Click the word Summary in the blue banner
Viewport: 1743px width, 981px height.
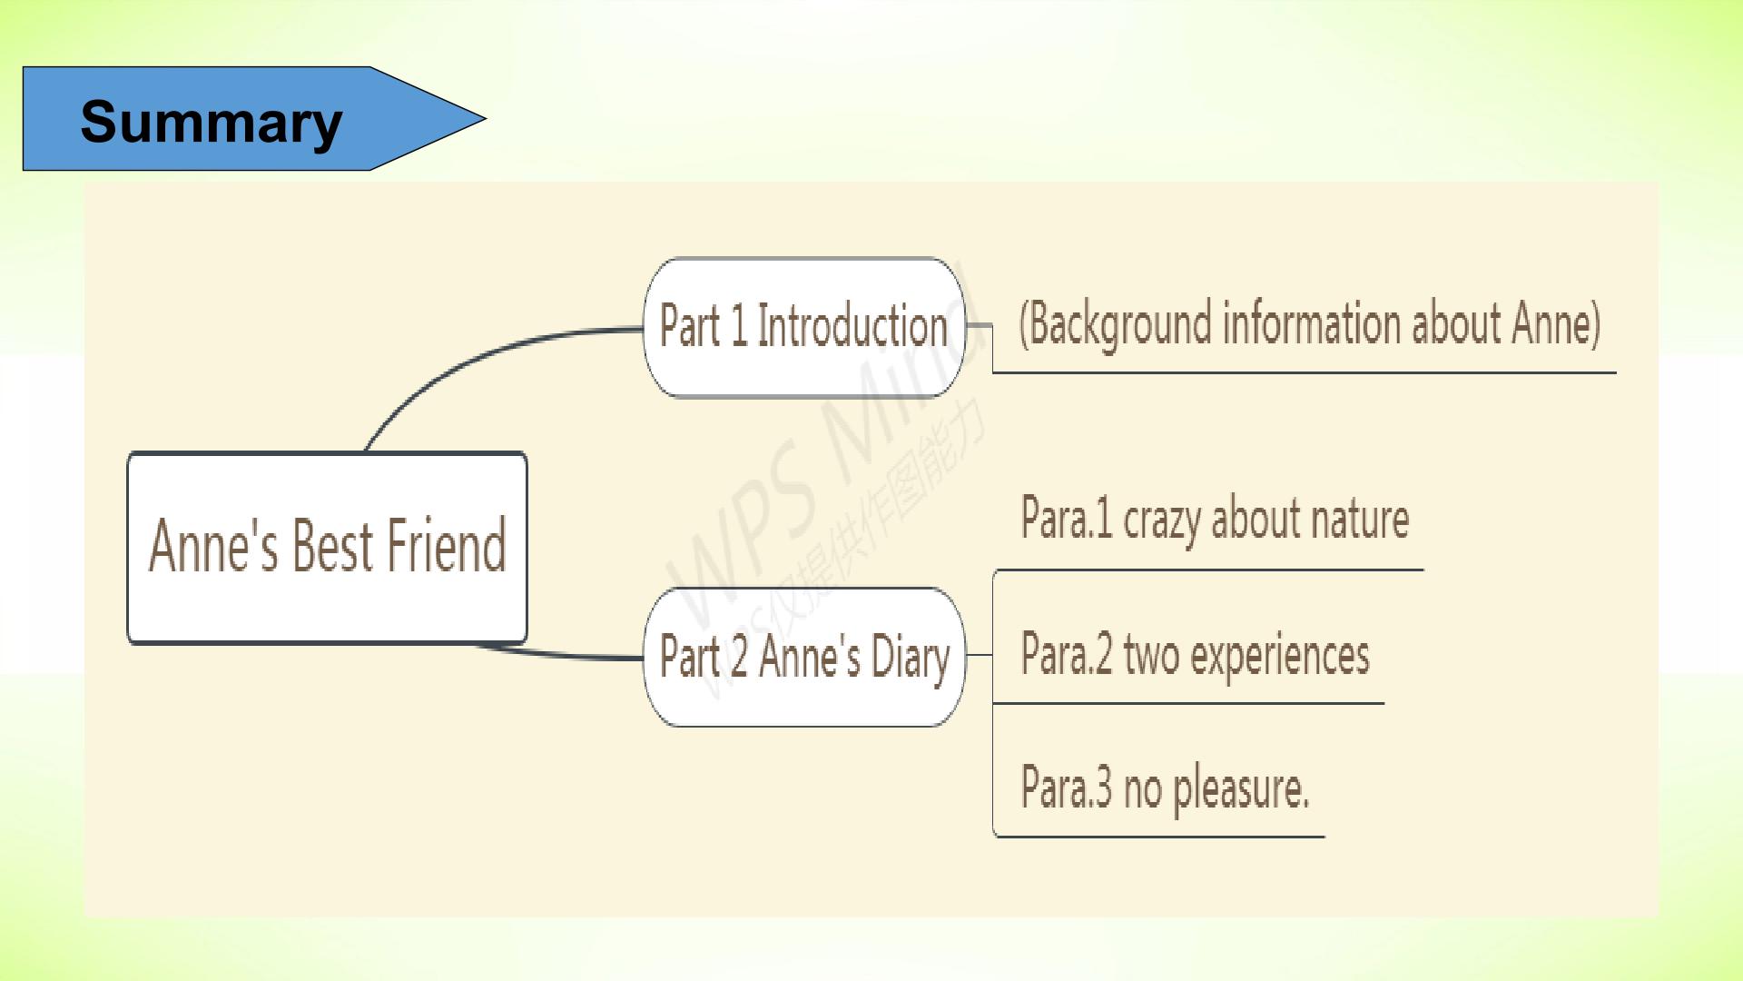click(212, 123)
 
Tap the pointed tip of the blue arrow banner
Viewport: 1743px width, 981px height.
click(486, 118)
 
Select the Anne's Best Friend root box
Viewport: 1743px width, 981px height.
click(327, 548)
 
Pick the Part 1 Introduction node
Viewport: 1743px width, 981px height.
click(803, 327)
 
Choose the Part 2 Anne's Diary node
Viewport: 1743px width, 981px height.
click(803, 657)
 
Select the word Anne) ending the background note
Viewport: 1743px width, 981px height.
click(1556, 323)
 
